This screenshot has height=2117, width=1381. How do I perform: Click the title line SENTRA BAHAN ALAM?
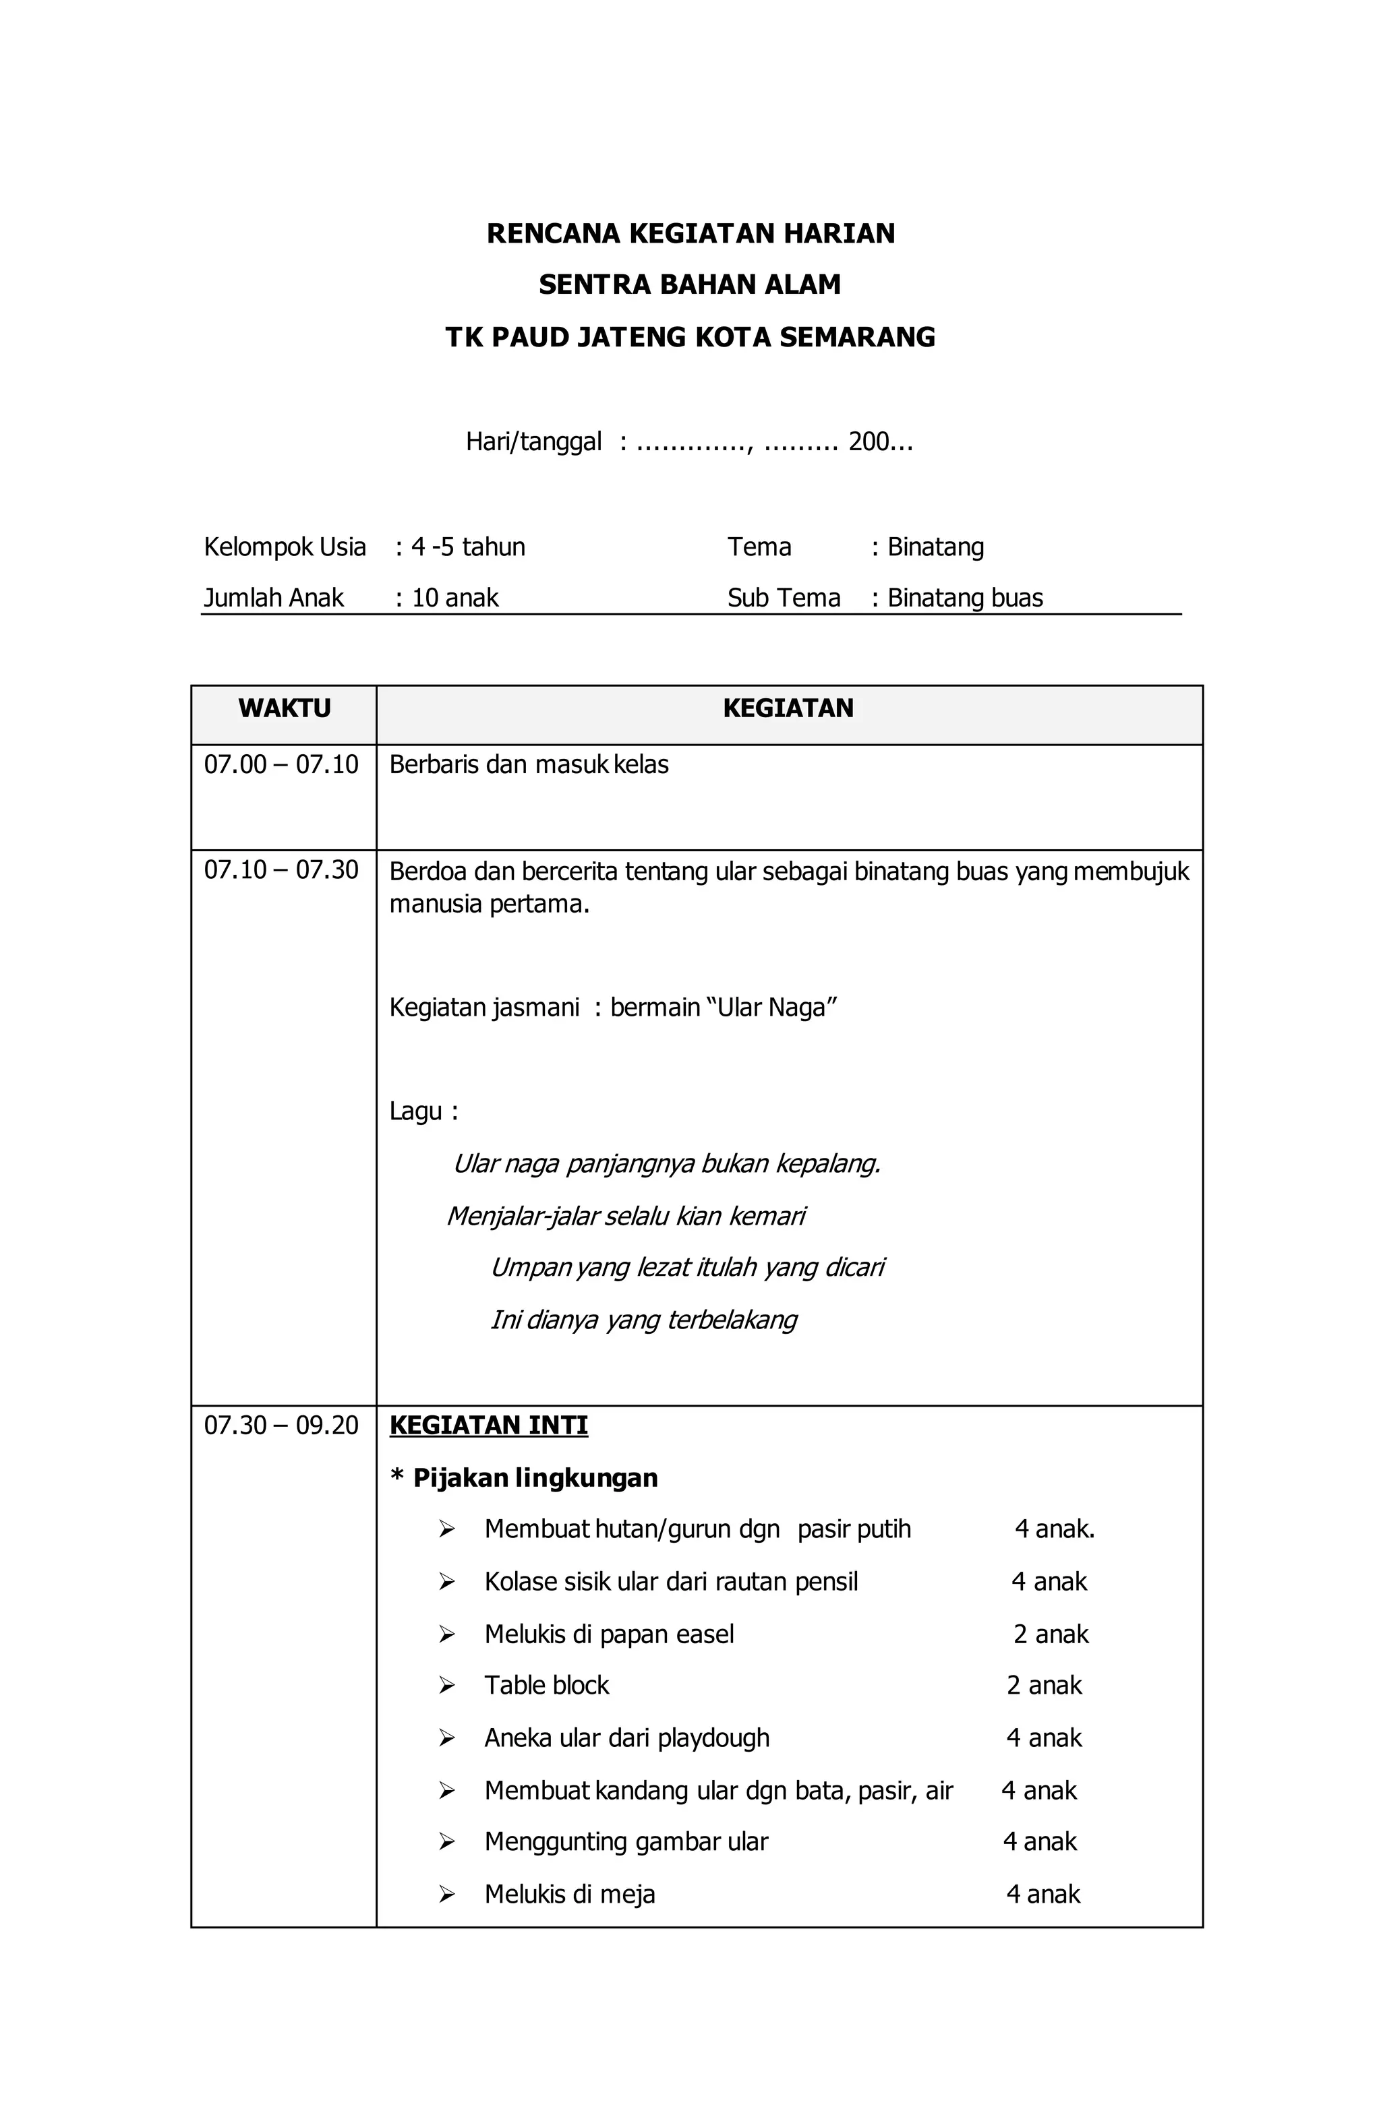(x=690, y=284)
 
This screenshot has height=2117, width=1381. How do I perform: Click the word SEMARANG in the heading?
(x=857, y=337)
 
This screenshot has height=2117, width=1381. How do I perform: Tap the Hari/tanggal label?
(x=533, y=441)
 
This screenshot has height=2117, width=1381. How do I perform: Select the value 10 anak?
(x=454, y=598)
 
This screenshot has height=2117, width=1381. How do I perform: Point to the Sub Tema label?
(x=783, y=598)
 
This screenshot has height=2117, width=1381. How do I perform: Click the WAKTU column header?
(x=284, y=708)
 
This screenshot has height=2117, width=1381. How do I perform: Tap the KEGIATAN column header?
(x=788, y=708)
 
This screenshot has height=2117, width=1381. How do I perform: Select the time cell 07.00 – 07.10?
(x=281, y=764)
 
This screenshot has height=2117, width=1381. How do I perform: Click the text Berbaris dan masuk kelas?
(x=529, y=764)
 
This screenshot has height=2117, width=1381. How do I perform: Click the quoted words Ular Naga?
(x=771, y=1008)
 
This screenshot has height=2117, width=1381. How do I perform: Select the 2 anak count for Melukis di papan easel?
(x=1051, y=1634)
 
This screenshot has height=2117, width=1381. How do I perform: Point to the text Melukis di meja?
(x=570, y=1894)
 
